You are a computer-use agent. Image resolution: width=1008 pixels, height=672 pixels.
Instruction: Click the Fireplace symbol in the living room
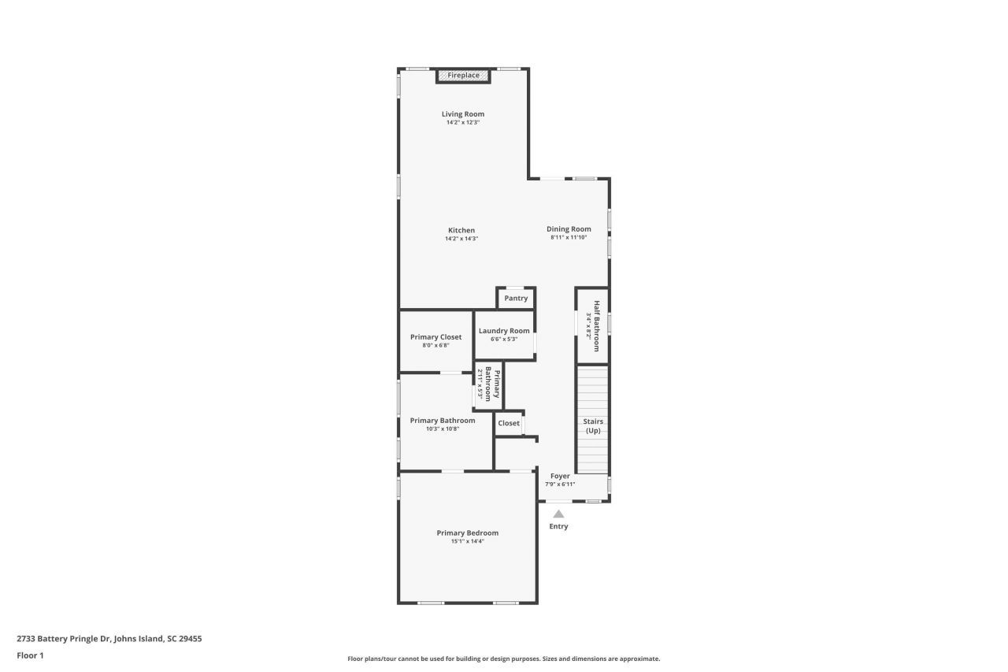click(463, 76)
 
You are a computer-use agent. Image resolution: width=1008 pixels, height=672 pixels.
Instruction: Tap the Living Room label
click(463, 114)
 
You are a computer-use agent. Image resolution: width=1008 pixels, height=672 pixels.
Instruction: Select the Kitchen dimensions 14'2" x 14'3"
click(461, 239)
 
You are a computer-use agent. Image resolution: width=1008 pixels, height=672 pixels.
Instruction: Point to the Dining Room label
click(569, 229)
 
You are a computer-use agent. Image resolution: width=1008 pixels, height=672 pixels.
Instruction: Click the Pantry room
click(516, 299)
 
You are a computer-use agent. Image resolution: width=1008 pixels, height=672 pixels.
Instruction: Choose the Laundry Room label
click(504, 331)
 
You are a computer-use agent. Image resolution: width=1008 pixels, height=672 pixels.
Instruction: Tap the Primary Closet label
click(435, 337)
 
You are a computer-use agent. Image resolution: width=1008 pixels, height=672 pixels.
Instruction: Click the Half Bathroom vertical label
click(597, 325)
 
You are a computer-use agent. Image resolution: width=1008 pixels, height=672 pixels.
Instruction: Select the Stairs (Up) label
click(593, 426)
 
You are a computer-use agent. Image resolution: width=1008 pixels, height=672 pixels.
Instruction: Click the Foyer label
click(560, 476)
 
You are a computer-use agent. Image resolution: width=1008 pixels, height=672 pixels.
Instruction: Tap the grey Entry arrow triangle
click(558, 514)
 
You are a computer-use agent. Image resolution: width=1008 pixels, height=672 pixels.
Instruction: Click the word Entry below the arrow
click(558, 526)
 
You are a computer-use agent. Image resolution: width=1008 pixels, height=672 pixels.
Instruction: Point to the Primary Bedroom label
click(467, 533)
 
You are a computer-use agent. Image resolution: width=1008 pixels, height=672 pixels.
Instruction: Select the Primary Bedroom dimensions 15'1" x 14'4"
click(467, 541)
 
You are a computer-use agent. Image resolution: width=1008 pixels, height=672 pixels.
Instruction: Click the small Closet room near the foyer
click(509, 423)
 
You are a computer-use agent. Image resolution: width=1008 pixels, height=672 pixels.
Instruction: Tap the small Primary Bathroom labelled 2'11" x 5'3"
click(488, 384)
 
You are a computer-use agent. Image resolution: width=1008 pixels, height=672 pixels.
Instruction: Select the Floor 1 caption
click(30, 655)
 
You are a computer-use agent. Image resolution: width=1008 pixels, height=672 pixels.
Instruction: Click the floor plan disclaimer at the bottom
click(504, 659)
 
